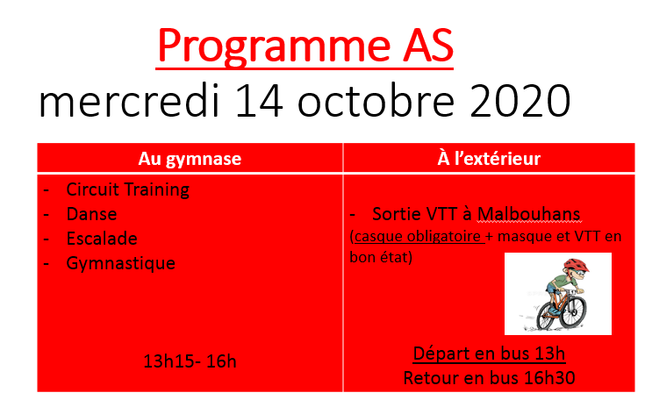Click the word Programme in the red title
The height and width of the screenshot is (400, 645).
click(x=274, y=46)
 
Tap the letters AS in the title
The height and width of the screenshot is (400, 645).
click(x=428, y=45)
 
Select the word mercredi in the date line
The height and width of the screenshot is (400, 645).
click(x=129, y=101)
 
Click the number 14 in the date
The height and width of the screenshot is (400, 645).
click(x=259, y=102)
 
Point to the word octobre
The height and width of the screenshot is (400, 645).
click(x=376, y=101)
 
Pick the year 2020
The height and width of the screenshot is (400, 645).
click(x=520, y=102)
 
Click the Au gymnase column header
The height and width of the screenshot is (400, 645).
click(x=190, y=159)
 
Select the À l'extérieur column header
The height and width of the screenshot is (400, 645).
click(x=489, y=158)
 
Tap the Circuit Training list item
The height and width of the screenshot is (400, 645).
click(x=128, y=189)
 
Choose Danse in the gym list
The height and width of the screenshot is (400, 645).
click(x=92, y=214)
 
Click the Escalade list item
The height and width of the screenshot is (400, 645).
click(x=102, y=239)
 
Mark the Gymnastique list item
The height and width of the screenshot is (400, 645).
click(x=121, y=263)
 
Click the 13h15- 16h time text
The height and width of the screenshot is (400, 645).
click(x=190, y=361)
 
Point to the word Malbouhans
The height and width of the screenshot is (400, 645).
click(x=528, y=214)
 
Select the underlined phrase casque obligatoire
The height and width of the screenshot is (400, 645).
click(x=418, y=236)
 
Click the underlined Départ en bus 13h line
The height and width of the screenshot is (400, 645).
click(x=489, y=354)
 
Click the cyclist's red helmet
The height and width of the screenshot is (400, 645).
click(x=576, y=265)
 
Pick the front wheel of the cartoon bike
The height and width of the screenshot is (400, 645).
click(x=573, y=311)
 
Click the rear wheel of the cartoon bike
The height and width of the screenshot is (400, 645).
click(x=546, y=317)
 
